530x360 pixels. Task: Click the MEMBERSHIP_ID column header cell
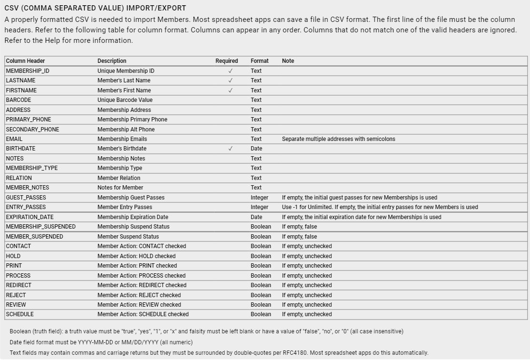coord(28,71)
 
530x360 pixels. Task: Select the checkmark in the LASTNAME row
coord(230,80)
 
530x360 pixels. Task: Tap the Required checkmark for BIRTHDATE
coord(230,149)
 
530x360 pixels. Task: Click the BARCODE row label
coord(19,100)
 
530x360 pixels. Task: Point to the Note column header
coord(288,61)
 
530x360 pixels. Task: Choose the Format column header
coord(259,61)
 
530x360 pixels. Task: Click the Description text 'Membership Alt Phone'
coord(126,130)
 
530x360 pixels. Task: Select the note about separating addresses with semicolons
coord(338,139)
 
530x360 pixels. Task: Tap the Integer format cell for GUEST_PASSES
coord(259,198)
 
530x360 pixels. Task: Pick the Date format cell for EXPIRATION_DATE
coord(256,217)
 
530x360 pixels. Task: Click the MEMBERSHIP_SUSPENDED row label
coord(41,227)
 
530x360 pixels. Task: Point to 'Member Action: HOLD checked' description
coord(137,256)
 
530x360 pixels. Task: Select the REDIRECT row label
coord(19,285)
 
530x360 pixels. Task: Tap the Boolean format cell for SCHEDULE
coord(261,314)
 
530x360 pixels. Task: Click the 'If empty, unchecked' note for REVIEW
coord(307,305)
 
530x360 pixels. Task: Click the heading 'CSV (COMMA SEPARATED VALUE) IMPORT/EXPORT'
coord(95,8)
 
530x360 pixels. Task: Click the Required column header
coord(226,61)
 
